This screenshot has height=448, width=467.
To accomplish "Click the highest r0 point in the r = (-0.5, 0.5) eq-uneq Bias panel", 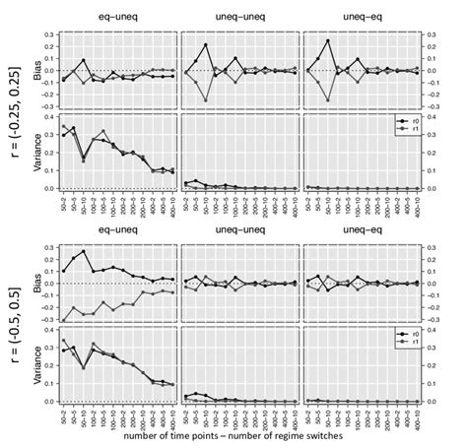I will click(x=84, y=251).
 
